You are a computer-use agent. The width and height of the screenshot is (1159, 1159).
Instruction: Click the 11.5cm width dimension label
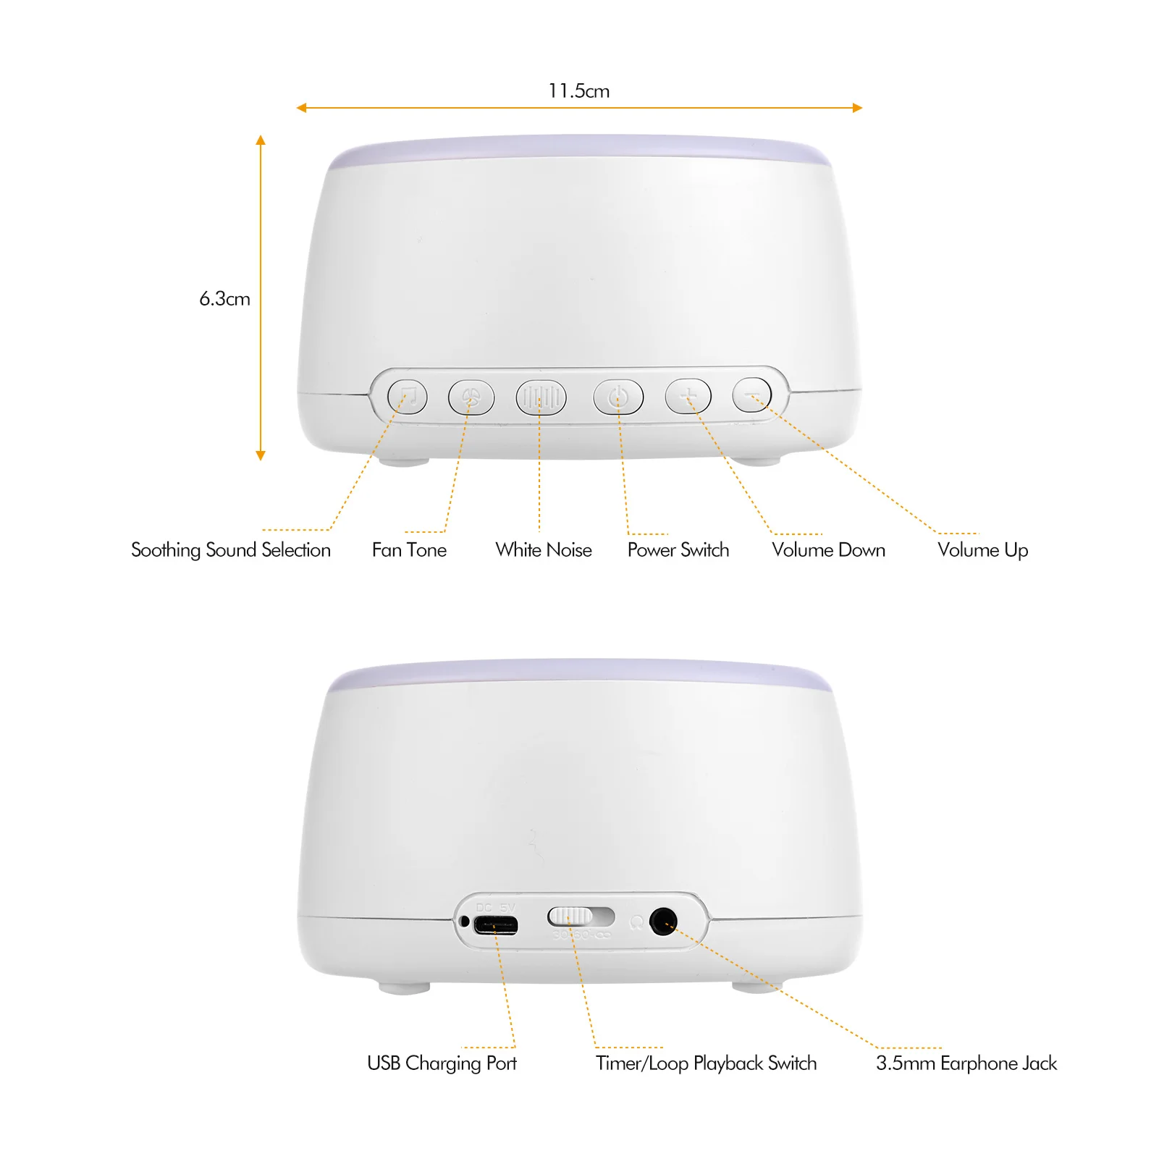(578, 91)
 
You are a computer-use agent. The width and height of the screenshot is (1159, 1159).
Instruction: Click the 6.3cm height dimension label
(224, 299)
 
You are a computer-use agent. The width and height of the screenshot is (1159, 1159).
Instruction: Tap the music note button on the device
(408, 397)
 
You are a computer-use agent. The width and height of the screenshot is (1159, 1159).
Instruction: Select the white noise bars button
(540, 397)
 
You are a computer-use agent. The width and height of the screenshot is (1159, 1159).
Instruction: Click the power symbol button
(618, 397)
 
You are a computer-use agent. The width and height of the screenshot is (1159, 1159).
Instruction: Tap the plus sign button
(688, 397)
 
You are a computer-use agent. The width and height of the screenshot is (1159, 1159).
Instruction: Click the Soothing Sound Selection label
(230, 550)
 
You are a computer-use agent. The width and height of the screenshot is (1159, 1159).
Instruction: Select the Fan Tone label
(409, 550)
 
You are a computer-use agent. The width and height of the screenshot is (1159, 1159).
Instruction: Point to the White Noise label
(543, 550)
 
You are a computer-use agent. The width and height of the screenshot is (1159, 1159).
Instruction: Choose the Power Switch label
(678, 550)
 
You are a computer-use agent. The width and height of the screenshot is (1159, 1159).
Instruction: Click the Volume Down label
(828, 550)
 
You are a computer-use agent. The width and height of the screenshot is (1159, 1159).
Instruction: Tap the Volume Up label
(982, 550)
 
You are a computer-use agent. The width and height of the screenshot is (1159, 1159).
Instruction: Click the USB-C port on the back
(495, 925)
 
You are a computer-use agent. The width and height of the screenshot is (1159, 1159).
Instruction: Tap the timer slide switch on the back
(580, 916)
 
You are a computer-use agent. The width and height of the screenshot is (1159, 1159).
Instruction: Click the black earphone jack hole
(662, 922)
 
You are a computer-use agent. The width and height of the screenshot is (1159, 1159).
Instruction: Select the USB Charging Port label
(442, 1063)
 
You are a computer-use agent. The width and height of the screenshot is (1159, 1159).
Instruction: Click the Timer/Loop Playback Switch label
(706, 1063)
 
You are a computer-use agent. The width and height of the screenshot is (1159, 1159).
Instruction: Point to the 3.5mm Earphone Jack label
(966, 1063)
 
